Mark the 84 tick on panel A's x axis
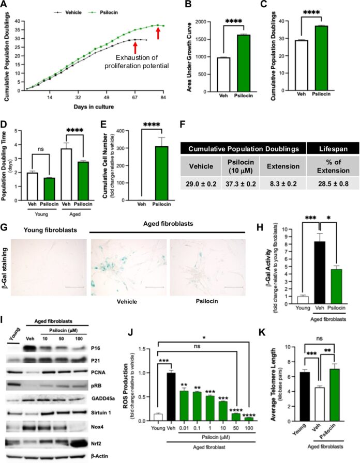(162, 97)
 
